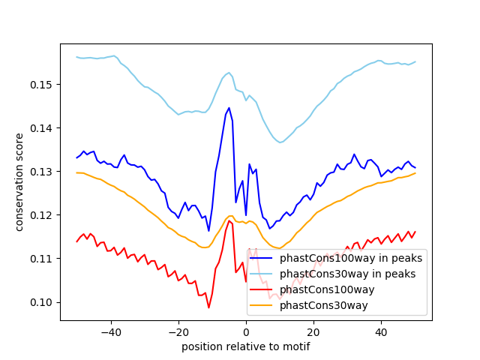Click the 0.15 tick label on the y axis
(x=40, y=84)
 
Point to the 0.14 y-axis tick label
(x=40, y=127)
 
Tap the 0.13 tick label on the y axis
(x=40, y=172)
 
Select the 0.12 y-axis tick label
(x=40, y=215)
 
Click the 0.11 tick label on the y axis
(x=40, y=259)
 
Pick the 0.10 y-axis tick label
(x=40, y=302)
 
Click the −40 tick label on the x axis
(x=110, y=331)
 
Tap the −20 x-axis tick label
(x=178, y=331)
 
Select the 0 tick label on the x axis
(x=246, y=331)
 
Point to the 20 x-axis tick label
(x=313, y=331)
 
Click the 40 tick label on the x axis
(x=381, y=331)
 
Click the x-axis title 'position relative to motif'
(x=246, y=346)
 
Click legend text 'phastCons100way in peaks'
(x=350, y=258)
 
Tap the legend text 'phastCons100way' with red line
(x=327, y=289)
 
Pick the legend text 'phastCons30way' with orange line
(x=324, y=305)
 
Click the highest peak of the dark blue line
(x=229, y=107)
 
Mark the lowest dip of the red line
(x=208, y=307)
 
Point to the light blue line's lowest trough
(x=280, y=142)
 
